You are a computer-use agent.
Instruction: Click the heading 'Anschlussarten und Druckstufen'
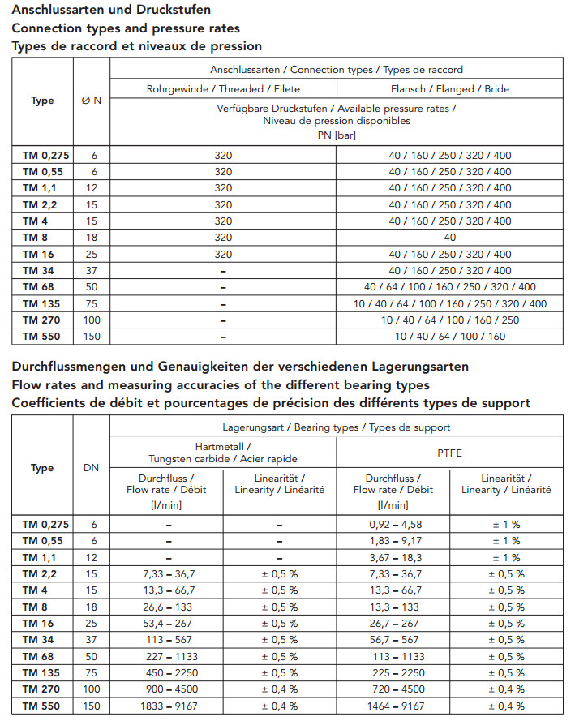pyautogui.click(x=111, y=10)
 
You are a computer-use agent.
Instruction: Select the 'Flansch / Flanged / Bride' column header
pyautogui.click(x=450, y=88)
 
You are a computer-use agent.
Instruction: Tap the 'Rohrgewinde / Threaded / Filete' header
pyautogui.click(x=223, y=88)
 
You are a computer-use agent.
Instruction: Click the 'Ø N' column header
pyautogui.click(x=91, y=101)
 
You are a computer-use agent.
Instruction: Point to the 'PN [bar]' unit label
pyautogui.click(x=337, y=135)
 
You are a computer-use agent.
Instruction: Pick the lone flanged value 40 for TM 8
pyautogui.click(x=450, y=238)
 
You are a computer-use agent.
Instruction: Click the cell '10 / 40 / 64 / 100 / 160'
pyautogui.click(x=450, y=336)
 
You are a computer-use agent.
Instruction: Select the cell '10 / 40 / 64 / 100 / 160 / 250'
pyautogui.click(x=450, y=320)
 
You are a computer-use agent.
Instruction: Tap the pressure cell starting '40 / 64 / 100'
pyautogui.click(x=450, y=286)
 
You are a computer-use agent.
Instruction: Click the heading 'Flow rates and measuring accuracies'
pyautogui.click(x=220, y=384)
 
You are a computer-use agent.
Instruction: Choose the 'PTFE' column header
pyautogui.click(x=449, y=453)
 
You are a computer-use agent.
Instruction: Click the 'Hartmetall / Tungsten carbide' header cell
pyautogui.click(x=223, y=453)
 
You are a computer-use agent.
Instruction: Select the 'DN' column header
pyautogui.click(x=91, y=468)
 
